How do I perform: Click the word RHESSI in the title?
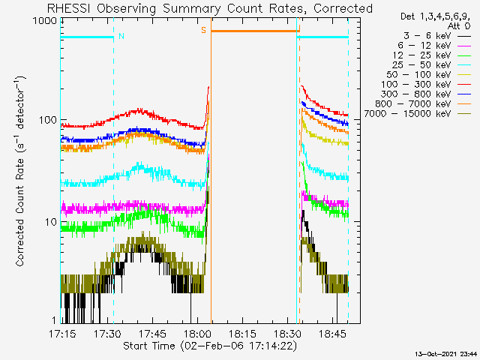point(69,8)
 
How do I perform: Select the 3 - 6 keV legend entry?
point(437,36)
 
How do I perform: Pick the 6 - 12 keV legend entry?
point(434,46)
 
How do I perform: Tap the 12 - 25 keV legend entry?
point(432,55)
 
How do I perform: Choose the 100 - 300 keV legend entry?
point(426,85)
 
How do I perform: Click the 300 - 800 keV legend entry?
point(426,94)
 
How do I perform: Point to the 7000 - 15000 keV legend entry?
point(418,114)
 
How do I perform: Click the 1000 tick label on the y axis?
point(45,21)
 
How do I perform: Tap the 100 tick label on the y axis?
point(48,120)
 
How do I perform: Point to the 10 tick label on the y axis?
point(51,222)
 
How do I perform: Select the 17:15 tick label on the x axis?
point(62,334)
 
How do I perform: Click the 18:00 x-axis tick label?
point(197,334)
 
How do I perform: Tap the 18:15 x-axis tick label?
point(242,334)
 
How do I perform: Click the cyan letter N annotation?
point(121,36)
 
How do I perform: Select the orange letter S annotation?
point(203,30)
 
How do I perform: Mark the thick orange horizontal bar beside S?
point(255,31)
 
